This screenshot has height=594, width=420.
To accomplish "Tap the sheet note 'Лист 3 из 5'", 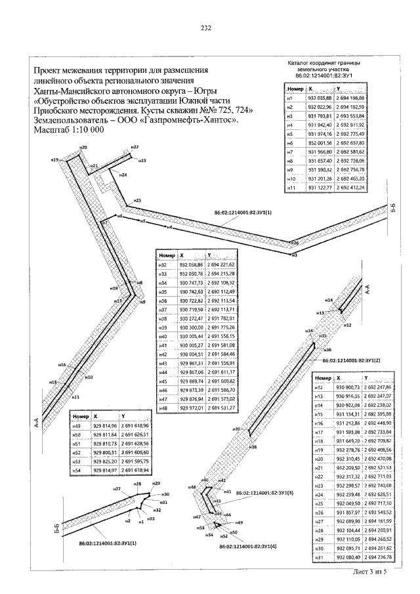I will pyautogui.click(x=371, y=573).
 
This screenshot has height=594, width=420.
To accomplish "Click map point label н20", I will pyautogui.click(x=83, y=148).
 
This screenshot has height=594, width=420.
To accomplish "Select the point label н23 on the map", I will pyautogui.click(x=142, y=160).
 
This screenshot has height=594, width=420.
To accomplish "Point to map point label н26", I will pyautogui.click(x=295, y=243).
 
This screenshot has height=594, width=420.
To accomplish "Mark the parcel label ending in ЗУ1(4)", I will pyautogui.click(x=247, y=545).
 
